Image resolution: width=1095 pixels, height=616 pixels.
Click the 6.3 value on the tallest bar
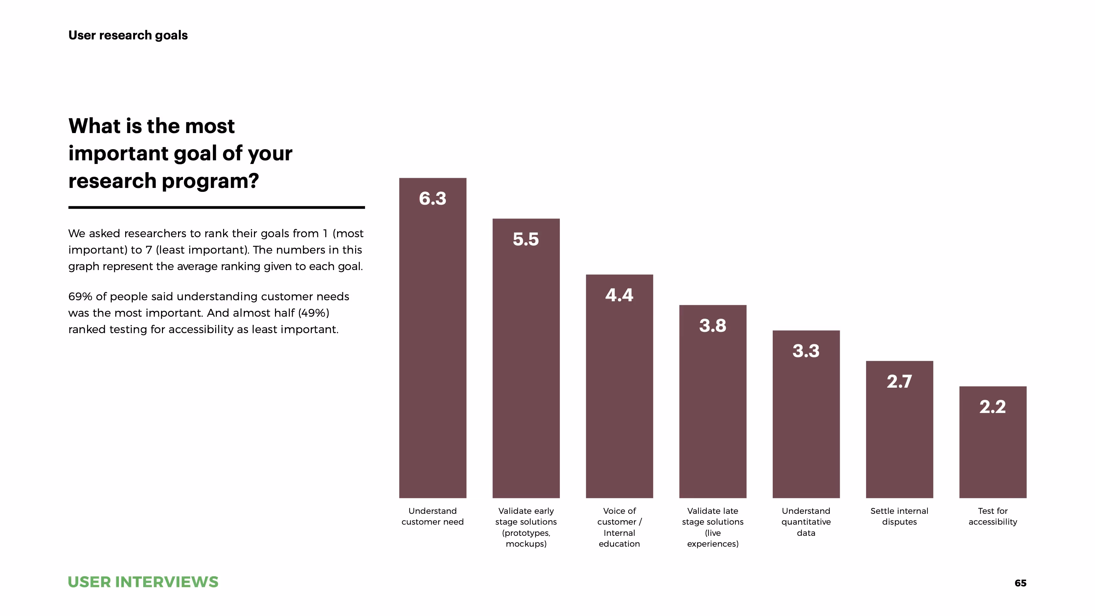pos(432,198)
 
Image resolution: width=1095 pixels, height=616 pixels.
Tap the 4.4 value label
pos(619,295)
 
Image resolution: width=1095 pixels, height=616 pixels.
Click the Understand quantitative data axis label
pos(806,522)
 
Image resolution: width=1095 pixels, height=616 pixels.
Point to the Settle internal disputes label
pos(899,516)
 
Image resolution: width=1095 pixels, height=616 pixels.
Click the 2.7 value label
pos(899,381)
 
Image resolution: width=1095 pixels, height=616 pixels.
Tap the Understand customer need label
pos(432,516)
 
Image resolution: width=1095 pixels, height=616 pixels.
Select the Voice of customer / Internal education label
pos(619,527)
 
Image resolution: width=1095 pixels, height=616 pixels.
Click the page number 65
pos(1020,583)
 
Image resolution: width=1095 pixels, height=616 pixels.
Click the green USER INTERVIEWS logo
pos(143,582)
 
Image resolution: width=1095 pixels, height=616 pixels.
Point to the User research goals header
pos(128,35)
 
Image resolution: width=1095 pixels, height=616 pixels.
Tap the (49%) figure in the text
pos(314,313)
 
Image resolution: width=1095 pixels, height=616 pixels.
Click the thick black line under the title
pos(217,207)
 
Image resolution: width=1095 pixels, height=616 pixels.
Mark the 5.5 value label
pos(526,240)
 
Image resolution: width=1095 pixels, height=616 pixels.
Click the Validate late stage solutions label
pos(713,527)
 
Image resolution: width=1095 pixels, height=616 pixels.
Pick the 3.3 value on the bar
pos(806,351)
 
